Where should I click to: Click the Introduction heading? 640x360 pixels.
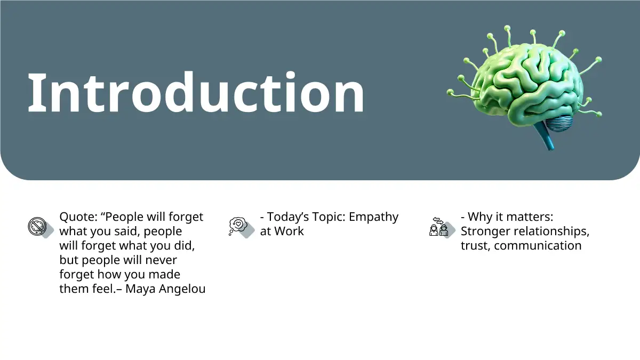tap(196, 93)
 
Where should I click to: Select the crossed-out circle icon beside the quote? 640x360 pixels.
tap(37, 227)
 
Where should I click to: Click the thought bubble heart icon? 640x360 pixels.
tap(238, 226)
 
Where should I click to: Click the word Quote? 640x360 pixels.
tap(78, 217)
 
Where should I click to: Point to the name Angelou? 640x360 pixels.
tap(182, 289)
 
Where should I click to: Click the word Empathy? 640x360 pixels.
tap(373, 217)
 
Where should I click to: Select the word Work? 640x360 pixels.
tap(289, 231)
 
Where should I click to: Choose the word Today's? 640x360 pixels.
tap(288, 217)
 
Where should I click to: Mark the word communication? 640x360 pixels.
tap(538, 246)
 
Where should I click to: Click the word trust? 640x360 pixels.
tap(476, 246)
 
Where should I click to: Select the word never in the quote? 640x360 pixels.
tap(161, 260)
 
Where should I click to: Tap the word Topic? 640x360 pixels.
tap(329, 217)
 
